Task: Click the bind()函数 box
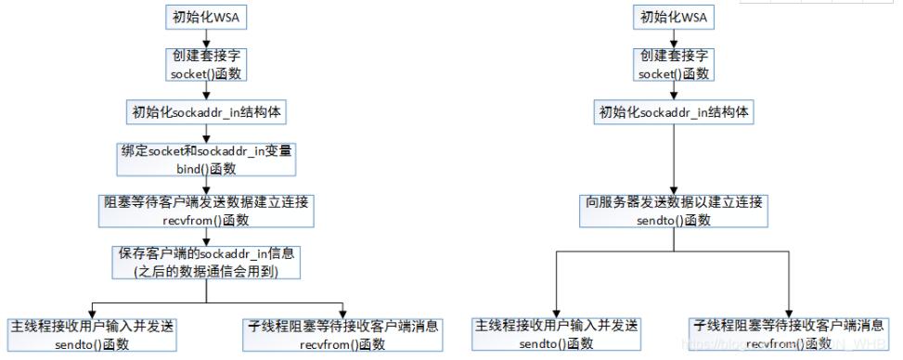[208, 160]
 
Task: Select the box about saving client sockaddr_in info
[208, 262]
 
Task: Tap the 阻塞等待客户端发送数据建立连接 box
[208, 210]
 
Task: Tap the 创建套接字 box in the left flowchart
[209, 63]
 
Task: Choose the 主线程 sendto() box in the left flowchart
[92, 336]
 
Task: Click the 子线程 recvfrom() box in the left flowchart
[344, 336]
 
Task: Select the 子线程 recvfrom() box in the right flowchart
[788, 336]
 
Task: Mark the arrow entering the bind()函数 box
[209, 135]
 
